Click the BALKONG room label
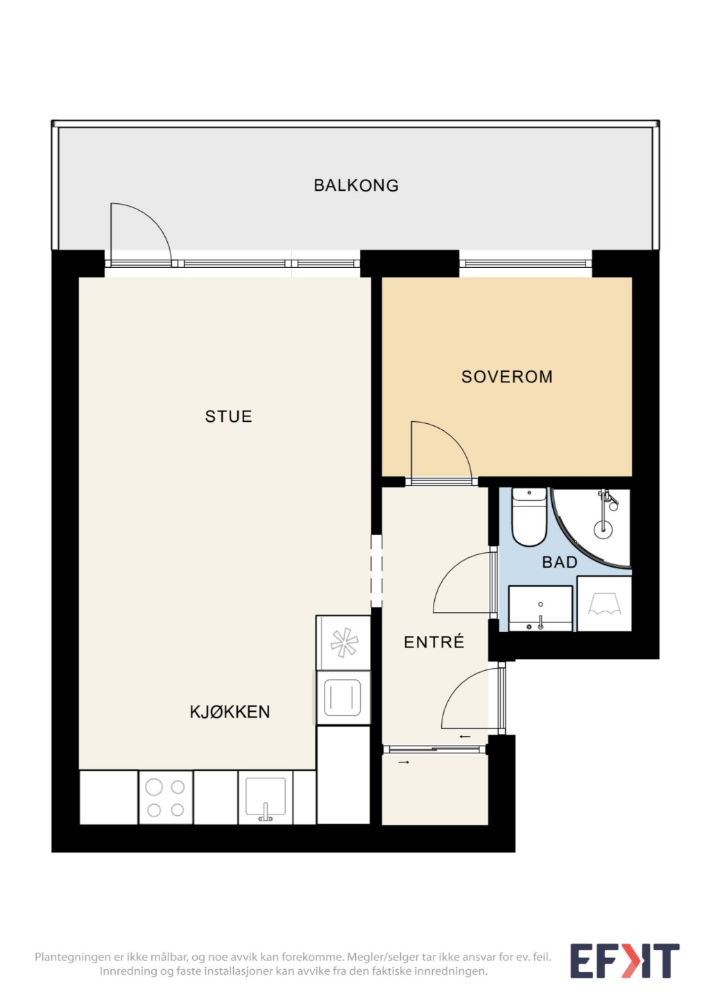(356, 185)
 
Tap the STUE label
(228, 416)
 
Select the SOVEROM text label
(506, 377)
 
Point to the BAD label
(559, 562)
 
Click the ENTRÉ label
(434, 642)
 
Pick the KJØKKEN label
(230, 712)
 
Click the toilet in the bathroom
(529, 517)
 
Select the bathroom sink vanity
(540, 608)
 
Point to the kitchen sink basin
(266, 798)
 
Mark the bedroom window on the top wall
(526, 264)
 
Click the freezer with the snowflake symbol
(343, 642)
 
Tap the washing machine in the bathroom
(604, 603)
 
